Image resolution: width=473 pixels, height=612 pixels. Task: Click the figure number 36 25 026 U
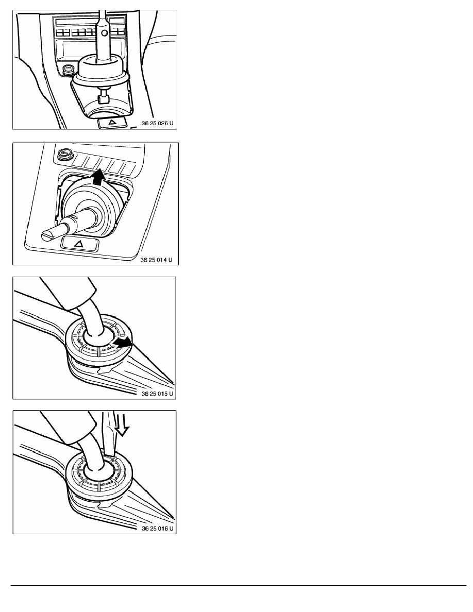pyautogui.click(x=157, y=123)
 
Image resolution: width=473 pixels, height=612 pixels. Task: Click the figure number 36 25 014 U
pyautogui.click(x=156, y=260)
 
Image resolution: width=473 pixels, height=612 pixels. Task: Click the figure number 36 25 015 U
pyautogui.click(x=157, y=394)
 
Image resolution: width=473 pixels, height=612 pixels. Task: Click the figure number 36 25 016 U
pyautogui.click(x=157, y=529)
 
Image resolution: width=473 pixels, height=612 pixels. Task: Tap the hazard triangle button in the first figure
pyautogui.click(x=112, y=122)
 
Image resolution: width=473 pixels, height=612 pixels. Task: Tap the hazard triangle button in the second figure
pyautogui.click(x=80, y=244)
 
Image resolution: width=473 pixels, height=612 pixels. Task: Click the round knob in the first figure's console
pyautogui.click(x=69, y=70)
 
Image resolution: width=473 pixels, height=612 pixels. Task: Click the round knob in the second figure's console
pyautogui.click(x=62, y=155)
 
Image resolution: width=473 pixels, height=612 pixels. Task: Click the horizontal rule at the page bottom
pyautogui.click(x=239, y=585)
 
